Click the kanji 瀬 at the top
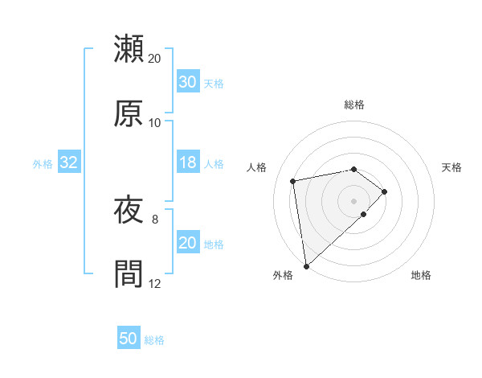[129, 48]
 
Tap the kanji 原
[129, 113]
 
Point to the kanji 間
[129, 274]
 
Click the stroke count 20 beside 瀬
[155, 59]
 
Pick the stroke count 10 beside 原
[155, 123]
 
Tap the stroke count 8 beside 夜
[155, 219]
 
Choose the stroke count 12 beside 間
[155, 284]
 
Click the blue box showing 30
[187, 82]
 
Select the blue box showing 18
[187, 163]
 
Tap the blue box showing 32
[68, 163]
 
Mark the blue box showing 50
[129, 339]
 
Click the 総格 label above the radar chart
[354, 105]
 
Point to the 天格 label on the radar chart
[451, 167]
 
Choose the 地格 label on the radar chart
[421, 276]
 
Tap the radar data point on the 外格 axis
[306, 265]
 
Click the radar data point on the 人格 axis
[293, 180]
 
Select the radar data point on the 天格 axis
[385, 191]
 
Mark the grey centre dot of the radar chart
[354, 200]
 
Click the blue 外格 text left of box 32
[43, 164]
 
